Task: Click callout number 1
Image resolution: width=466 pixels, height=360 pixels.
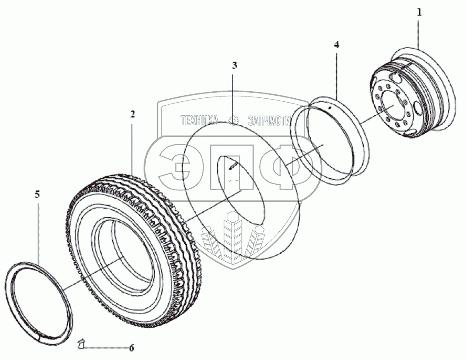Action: [x=419, y=13]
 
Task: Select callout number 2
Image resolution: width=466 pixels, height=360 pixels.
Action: [x=132, y=114]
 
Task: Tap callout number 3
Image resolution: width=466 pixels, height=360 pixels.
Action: [x=234, y=66]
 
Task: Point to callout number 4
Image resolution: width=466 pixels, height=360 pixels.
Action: [x=337, y=44]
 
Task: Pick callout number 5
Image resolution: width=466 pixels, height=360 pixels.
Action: [x=37, y=194]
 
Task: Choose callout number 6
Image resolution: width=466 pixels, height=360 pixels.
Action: [x=131, y=347]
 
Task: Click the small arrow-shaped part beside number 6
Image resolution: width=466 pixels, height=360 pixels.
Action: [x=80, y=344]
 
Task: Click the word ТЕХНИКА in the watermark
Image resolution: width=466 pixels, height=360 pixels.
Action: [x=199, y=120]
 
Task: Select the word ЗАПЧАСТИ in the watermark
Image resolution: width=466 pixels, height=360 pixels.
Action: [x=268, y=120]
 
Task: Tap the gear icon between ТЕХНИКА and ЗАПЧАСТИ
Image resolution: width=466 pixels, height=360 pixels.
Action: [x=234, y=120]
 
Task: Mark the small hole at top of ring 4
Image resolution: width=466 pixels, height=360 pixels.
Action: [x=330, y=106]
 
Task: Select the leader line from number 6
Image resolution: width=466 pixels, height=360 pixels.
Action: [x=104, y=347]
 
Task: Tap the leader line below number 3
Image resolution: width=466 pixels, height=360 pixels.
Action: [x=233, y=96]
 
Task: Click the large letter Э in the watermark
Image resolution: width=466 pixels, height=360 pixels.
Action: [x=176, y=167]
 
